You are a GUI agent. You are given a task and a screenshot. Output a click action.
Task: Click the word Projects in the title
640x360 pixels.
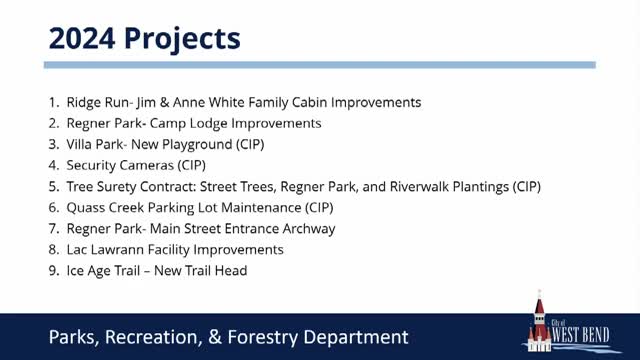181,38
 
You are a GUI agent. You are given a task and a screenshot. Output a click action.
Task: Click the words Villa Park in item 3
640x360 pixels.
92,145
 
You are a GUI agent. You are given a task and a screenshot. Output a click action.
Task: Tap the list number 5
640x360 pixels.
53,187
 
